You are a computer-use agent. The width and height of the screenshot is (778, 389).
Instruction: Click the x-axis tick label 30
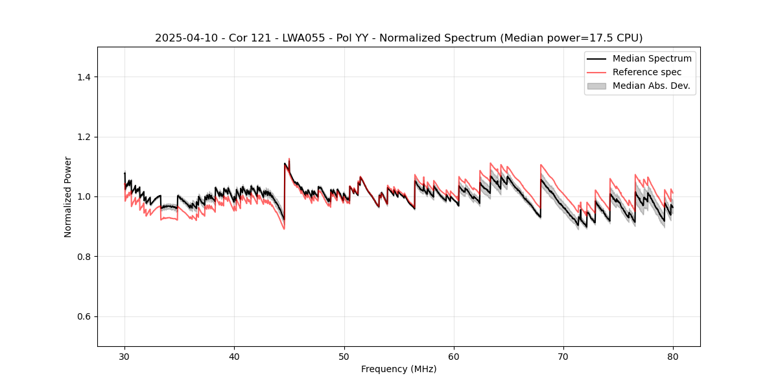point(124,357)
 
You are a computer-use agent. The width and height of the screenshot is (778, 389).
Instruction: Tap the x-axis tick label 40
point(234,357)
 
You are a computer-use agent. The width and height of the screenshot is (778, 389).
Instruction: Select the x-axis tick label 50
point(344,357)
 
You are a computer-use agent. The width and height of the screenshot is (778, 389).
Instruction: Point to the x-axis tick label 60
point(454,357)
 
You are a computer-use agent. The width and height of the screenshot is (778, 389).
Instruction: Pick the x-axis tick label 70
point(563,357)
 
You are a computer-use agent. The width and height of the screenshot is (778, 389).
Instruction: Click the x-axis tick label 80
point(673,357)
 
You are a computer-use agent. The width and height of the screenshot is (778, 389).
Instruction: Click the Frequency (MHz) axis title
point(399,370)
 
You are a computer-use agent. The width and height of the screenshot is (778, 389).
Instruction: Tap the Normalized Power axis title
point(68,196)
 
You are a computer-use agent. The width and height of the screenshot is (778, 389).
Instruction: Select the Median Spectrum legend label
point(652,58)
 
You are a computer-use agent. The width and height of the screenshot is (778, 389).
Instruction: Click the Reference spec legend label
point(647,72)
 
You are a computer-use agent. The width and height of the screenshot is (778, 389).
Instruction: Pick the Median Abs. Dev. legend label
point(651,86)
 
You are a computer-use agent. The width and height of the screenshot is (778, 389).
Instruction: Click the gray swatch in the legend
point(596,86)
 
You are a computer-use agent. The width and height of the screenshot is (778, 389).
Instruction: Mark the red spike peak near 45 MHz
point(289,159)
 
